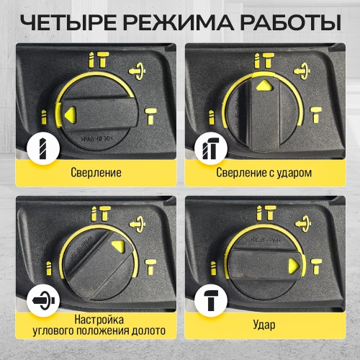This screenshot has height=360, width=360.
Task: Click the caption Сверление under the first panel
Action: [x=96, y=174]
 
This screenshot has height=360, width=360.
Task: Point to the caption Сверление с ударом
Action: [x=263, y=174]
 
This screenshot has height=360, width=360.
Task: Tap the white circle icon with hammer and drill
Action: [x=207, y=150]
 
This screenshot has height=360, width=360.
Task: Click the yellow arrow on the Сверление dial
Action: [x=70, y=112]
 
